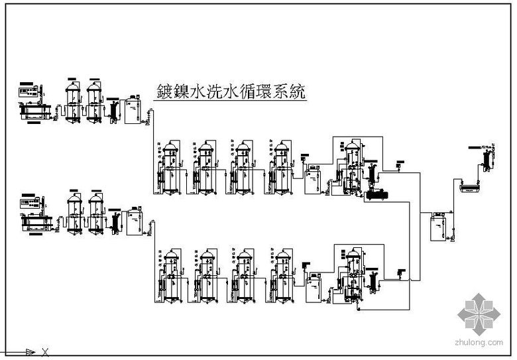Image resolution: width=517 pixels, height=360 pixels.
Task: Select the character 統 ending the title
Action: pyautogui.click(x=298, y=91)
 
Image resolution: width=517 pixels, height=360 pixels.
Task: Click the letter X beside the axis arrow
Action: pyautogui.click(x=45, y=351)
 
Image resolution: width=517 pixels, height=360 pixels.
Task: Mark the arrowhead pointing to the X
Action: pyautogui.click(x=30, y=351)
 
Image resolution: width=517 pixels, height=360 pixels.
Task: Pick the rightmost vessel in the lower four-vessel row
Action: pyautogui.click(x=283, y=275)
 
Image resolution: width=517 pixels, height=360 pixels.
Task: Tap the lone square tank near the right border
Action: pyautogui.click(x=439, y=226)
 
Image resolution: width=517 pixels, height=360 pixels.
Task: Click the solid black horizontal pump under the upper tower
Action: pyautogui.click(x=378, y=194)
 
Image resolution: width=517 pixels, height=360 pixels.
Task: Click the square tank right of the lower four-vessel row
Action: pyautogui.click(x=312, y=288)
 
